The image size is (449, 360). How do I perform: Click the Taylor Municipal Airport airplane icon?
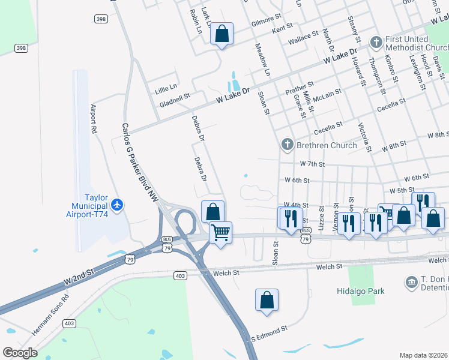tap(117, 205)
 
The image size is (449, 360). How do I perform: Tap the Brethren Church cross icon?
tap(287, 145)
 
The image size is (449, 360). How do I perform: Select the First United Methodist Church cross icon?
tap(376, 43)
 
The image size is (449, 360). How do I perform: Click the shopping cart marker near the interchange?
tap(221, 233)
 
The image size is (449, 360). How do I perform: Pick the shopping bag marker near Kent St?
tap(221, 34)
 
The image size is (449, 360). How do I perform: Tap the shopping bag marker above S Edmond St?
tap(267, 300)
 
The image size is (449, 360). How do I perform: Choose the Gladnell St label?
tap(174, 100)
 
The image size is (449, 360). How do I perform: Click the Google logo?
tap(20, 353)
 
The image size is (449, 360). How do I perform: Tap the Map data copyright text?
tap(424, 355)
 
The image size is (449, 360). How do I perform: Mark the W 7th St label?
tap(312, 164)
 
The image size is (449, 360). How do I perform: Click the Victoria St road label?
tap(366, 137)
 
